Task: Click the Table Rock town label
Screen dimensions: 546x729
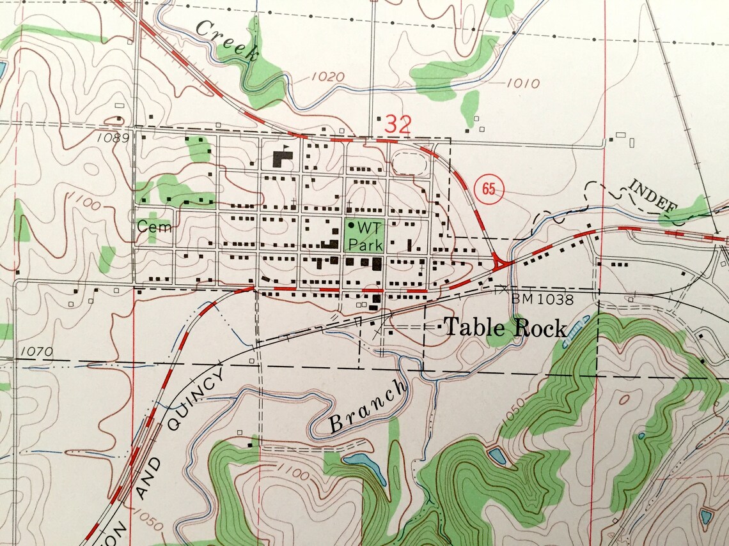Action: click(505, 328)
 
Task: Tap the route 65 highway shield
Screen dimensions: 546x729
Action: click(490, 189)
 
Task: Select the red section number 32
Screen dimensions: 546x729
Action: click(397, 125)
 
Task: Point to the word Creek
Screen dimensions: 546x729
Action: click(228, 40)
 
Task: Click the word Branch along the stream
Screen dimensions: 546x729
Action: click(368, 406)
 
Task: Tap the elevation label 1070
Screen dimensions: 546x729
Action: click(36, 351)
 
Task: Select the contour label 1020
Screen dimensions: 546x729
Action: click(328, 77)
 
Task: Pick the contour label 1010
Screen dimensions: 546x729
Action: click(522, 83)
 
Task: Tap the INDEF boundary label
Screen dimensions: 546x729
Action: click(652, 195)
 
